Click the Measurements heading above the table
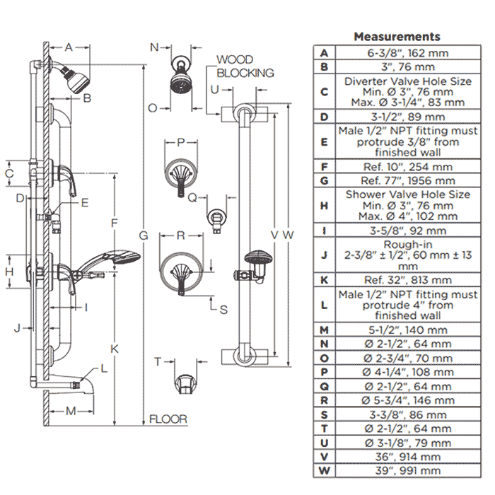[396, 36]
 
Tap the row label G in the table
[324, 181]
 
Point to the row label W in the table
[324, 470]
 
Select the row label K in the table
[324, 279]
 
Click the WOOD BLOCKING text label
[245, 66]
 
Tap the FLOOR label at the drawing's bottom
[168, 419]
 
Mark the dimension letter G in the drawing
[143, 235]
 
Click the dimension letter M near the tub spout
[70, 411]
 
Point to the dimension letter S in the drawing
[223, 308]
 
